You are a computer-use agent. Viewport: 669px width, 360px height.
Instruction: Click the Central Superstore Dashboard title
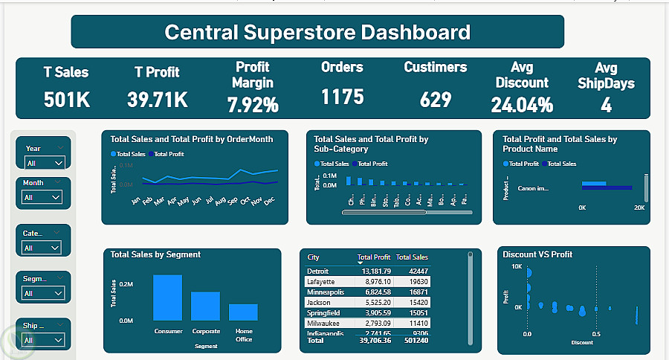pos(317,32)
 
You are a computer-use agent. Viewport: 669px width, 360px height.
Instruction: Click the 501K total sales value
pos(66,99)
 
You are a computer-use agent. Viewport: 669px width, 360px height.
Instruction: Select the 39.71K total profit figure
pos(157,99)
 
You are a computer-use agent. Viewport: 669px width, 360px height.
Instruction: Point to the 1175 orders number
pos(343,97)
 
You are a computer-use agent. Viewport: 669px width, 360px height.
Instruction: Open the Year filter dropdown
pos(44,162)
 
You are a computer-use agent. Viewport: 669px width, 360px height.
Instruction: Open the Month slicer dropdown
pos(42,197)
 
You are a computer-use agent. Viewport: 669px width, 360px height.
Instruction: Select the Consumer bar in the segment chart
pos(167,298)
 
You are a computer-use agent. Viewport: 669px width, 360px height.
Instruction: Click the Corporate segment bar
pos(205,306)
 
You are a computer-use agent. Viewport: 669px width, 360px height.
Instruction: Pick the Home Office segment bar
pos(243,312)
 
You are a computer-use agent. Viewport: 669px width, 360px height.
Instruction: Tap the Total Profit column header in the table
pos(374,257)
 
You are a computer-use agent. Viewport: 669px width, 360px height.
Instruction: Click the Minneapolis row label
pos(326,293)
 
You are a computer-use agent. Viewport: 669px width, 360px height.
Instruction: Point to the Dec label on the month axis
pos(269,201)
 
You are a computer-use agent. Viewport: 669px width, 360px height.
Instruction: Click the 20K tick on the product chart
pos(639,208)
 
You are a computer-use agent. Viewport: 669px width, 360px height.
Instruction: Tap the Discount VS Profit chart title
pos(537,254)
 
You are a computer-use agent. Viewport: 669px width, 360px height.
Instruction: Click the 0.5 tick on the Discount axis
pos(596,334)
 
